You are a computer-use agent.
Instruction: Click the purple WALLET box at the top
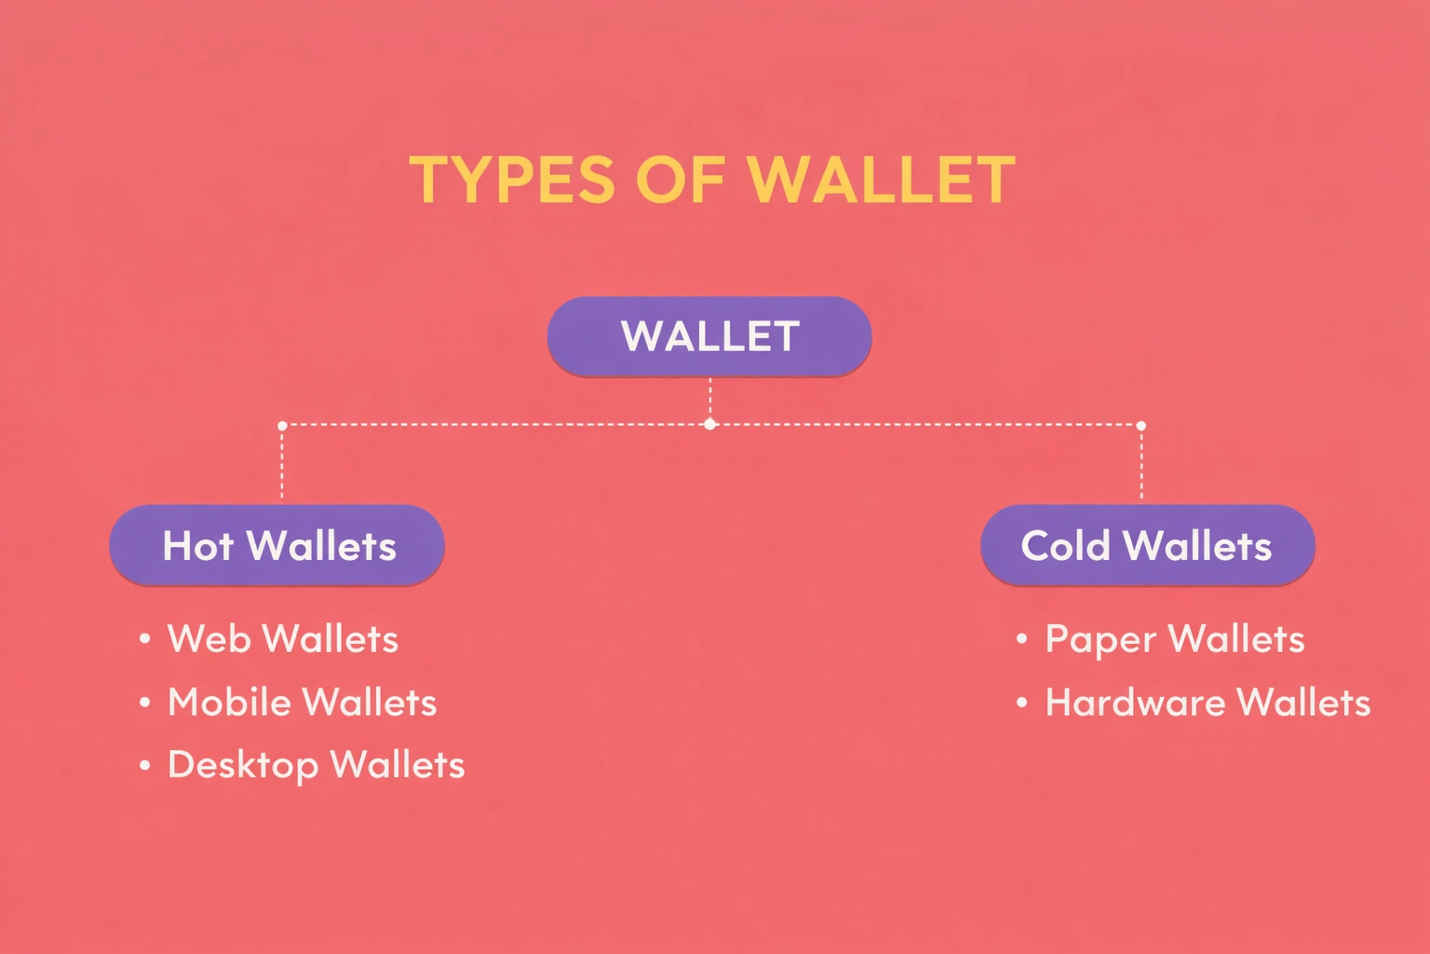[x=709, y=336]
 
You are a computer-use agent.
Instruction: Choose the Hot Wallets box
[x=277, y=545]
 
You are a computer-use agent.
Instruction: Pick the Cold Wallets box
[x=1147, y=545]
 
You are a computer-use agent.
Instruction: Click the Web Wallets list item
[x=283, y=639]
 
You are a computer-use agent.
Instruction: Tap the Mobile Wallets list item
[x=302, y=702]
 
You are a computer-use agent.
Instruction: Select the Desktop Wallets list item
[x=316, y=765]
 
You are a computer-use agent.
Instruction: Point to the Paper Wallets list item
[x=1175, y=639]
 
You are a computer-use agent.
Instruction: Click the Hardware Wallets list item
[x=1207, y=702]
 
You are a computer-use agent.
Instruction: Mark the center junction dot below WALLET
[x=710, y=424]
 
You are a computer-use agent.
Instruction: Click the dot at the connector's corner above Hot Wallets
[x=282, y=426]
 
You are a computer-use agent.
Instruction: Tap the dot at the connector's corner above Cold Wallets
[x=1141, y=426]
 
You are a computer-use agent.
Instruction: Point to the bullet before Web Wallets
[x=145, y=639]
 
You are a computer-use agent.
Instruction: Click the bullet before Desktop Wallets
[x=145, y=766]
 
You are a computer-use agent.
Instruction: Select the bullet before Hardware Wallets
[x=1022, y=702]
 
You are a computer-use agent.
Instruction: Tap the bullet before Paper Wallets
[x=1022, y=639]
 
